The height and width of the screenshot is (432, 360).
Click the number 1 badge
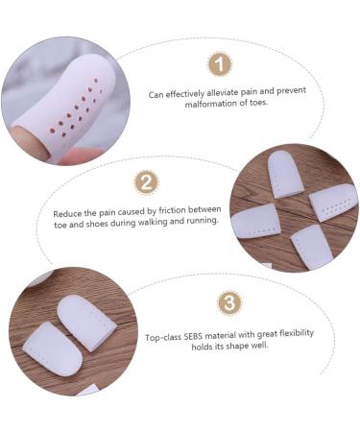pos(220,64)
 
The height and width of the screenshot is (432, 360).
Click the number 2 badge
pos(147,182)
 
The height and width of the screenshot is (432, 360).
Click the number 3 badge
pos(229,303)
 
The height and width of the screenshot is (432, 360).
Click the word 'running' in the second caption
pos(201,221)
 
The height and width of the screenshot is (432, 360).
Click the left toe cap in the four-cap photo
pos(253,219)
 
